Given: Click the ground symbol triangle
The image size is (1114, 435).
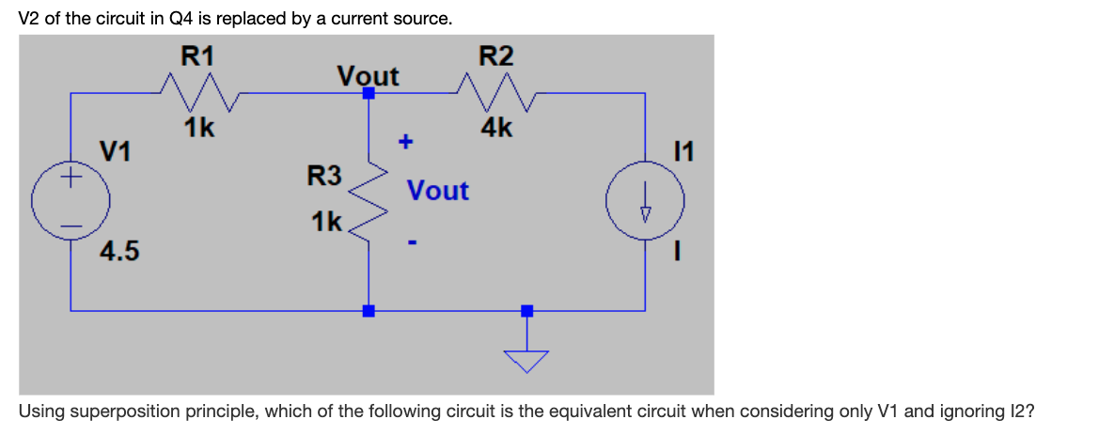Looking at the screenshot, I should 526,360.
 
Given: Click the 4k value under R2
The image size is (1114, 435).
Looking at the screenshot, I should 495,128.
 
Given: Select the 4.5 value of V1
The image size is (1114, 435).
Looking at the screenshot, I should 120,252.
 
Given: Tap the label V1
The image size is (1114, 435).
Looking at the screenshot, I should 117,150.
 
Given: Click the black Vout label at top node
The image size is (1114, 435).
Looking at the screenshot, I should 368,75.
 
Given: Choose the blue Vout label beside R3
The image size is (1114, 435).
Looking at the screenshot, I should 437,191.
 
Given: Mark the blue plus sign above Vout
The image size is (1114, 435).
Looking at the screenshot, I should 406,142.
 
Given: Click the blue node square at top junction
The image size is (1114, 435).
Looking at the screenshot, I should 369,93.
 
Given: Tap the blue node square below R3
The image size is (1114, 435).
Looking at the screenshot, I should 369,310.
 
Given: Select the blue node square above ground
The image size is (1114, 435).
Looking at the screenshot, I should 526,310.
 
